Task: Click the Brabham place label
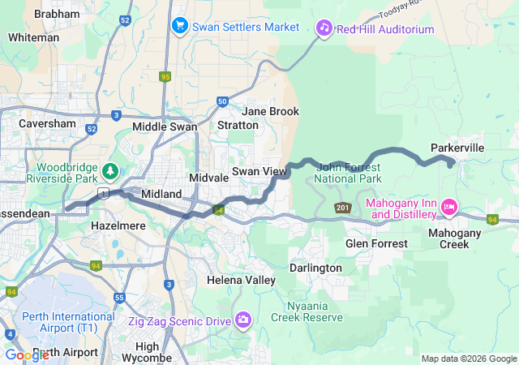point(57,15)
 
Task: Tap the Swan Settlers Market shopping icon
point(179,27)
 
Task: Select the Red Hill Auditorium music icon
point(324,28)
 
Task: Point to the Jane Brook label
point(270,111)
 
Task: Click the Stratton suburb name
point(238,126)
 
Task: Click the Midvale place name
point(207,177)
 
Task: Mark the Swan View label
point(259,171)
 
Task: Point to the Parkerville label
point(457,148)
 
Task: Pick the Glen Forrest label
point(374,243)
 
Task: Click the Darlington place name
point(315,268)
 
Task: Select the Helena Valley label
point(236,280)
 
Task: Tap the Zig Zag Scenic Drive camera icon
point(242,320)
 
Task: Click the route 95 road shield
point(165,77)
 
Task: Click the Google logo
point(27,354)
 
